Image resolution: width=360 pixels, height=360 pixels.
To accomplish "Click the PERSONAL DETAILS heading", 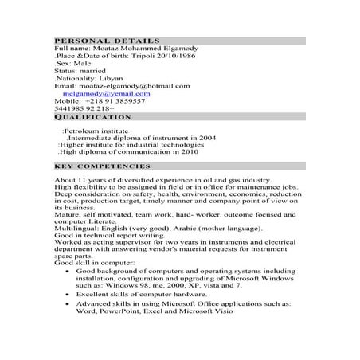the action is (x=107, y=40).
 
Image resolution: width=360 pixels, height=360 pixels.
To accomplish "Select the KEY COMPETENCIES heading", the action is (x=102, y=166).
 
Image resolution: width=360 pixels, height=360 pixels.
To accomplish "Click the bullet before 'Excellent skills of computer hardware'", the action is (x=68, y=295).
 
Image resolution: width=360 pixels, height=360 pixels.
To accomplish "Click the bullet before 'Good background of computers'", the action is (x=68, y=272).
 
